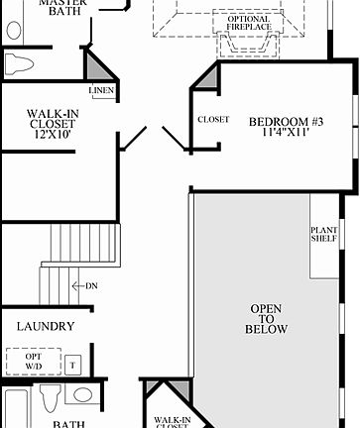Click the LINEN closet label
(x=101, y=91)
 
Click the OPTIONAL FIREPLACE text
(x=248, y=23)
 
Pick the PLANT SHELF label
(x=324, y=235)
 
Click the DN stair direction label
(x=91, y=286)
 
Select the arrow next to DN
(x=76, y=286)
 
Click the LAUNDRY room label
(x=45, y=326)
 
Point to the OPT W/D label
(x=34, y=363)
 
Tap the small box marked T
(x=72, y=365)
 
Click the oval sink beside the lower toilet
(x=83, y=395)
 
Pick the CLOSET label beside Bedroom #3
(x=213, y=119)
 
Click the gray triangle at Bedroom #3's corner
(x=208, y=79)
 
